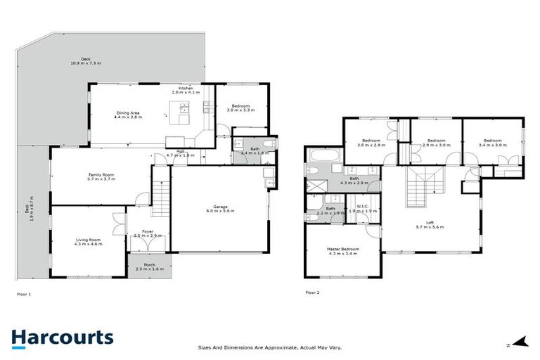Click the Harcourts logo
(x=62, y=337)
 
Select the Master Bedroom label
(x=342, y=251)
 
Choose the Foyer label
(x=147, y=233)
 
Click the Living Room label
(x=89, y=243)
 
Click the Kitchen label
(x=186, y=90)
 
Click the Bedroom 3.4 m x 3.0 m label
(x=491, y=143)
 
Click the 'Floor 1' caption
(x=25, y=292)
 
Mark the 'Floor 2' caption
(x=313, y=292)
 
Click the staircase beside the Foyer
(x=161, y=191)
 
